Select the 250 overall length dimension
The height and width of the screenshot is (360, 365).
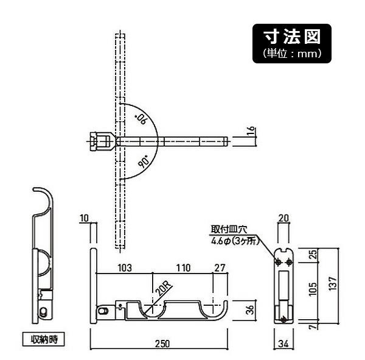coord(161,344)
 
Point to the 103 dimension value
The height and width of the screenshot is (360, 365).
coord(124,267)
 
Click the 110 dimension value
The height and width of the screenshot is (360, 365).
coord(183,267)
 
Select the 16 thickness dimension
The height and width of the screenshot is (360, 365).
coord(250,132)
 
